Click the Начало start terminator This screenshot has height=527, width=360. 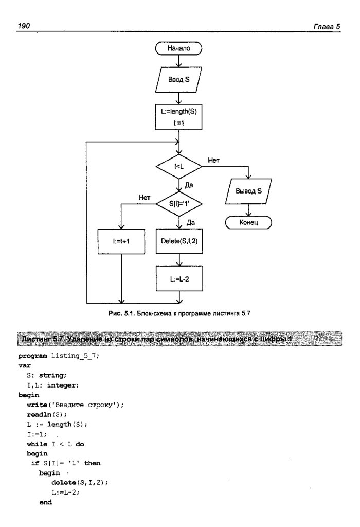[x=178, y=49]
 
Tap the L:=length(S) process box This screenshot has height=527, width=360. [x=178, y=117]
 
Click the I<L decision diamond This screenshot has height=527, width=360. [x=178, y=166]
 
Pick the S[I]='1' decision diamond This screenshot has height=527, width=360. [x=178, y=204]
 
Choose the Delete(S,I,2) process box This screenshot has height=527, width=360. [x=178, y=242]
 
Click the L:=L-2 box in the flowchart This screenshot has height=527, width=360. [x=178, y=278]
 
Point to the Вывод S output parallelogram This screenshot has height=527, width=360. [x=249, y=191]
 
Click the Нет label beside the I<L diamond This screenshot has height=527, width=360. [x=213, y=160]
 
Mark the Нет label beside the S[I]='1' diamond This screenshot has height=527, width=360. [x=145, y=197]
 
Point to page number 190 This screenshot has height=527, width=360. [x=24, y=26]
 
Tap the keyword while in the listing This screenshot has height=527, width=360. [x=38, y=443]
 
